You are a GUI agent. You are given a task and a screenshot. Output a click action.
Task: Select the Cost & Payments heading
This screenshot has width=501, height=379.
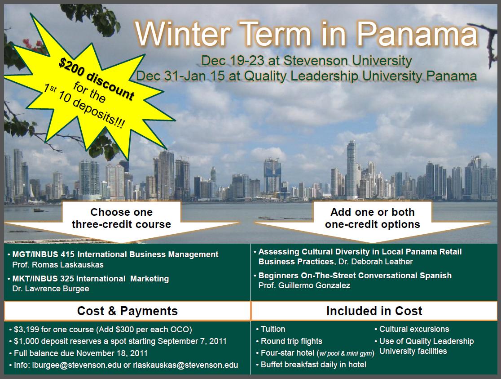(x=127, y=311)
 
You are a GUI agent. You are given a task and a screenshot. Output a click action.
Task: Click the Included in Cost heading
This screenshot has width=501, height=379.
(x=374, y=311)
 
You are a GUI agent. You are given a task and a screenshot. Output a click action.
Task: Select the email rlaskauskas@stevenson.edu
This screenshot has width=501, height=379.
(x=186, y=365)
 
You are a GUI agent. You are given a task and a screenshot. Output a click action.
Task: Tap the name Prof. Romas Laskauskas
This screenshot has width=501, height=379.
(x=58, y=265)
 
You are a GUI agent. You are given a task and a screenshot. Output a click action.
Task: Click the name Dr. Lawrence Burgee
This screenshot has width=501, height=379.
(x=51, y=289)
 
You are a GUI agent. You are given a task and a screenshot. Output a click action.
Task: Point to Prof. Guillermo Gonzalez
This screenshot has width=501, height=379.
(x=304, y=285)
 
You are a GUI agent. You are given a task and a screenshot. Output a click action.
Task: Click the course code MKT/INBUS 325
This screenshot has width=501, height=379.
(x=43, y=278)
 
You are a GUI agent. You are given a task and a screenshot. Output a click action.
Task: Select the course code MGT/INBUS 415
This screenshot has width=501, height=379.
(x=43, y=254)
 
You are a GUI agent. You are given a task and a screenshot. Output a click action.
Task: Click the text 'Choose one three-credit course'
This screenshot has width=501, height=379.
(x=121, y=218)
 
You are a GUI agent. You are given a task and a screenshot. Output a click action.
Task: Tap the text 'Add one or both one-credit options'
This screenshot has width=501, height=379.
(x=373, y=218)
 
